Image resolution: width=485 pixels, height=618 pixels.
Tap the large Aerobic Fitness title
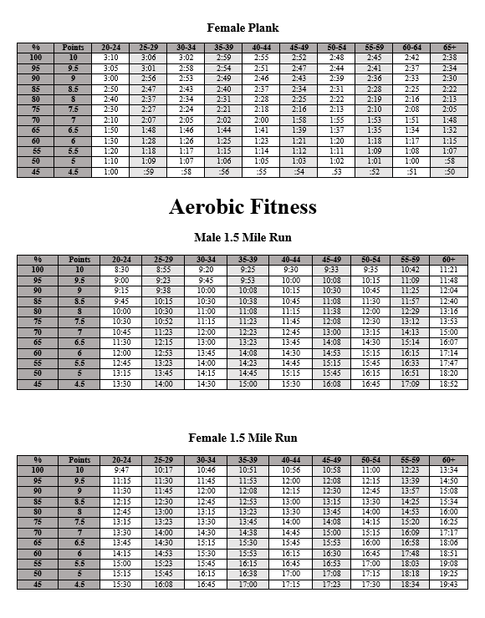[242, 206]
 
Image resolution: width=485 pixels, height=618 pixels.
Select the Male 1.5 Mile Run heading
[242, 238]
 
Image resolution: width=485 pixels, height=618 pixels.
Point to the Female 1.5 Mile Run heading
[242, 438]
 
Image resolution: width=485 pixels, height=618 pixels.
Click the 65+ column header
[449, 48]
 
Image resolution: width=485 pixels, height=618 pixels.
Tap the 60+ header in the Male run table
[449, 260]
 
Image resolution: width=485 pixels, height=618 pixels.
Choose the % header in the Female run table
[37, 460]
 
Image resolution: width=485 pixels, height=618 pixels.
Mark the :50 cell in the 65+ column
[449, 171]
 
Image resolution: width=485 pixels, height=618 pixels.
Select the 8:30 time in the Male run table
[121, 270]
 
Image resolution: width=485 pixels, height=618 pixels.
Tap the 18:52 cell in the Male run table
[449, 384]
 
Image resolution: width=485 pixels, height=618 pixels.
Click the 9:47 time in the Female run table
[121, 470]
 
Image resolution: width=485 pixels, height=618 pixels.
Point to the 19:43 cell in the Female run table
[449, 585]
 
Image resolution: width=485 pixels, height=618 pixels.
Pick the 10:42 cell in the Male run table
[410, 270]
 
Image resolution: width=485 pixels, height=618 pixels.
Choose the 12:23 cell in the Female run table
[410, 470]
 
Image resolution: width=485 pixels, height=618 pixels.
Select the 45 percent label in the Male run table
[37, 384]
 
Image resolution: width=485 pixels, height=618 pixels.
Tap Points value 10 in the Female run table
[79, 470]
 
